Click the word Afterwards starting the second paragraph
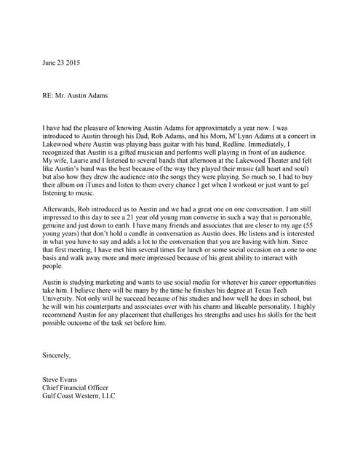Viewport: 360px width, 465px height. coord(61,211)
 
